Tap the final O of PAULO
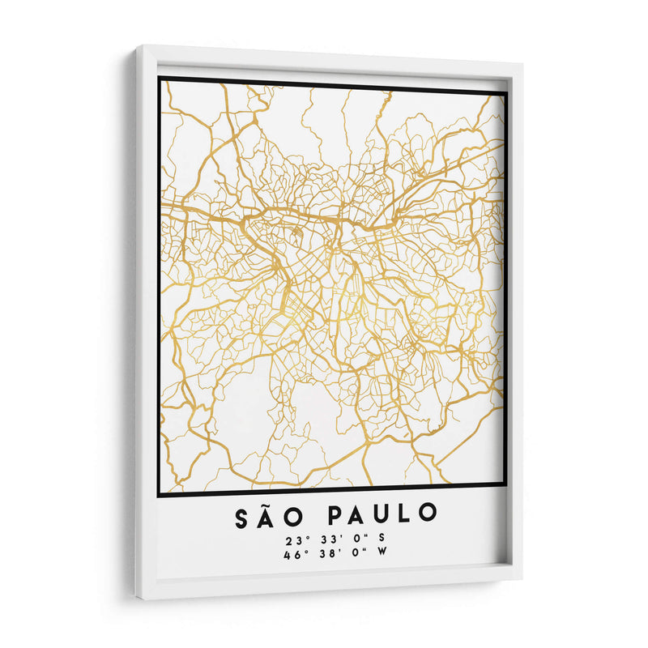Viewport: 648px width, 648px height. (x=428, y=514)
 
